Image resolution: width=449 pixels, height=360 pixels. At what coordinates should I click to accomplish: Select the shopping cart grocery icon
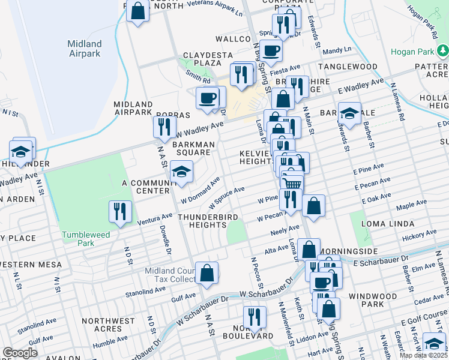click(x=292, y=182)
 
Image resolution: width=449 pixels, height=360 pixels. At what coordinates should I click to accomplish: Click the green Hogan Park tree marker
click(x=443, y=52)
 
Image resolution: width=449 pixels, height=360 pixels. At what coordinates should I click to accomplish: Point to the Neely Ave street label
click(x=285, y=230)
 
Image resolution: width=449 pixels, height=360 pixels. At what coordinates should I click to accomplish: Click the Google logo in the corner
click(x=20, y=352)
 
